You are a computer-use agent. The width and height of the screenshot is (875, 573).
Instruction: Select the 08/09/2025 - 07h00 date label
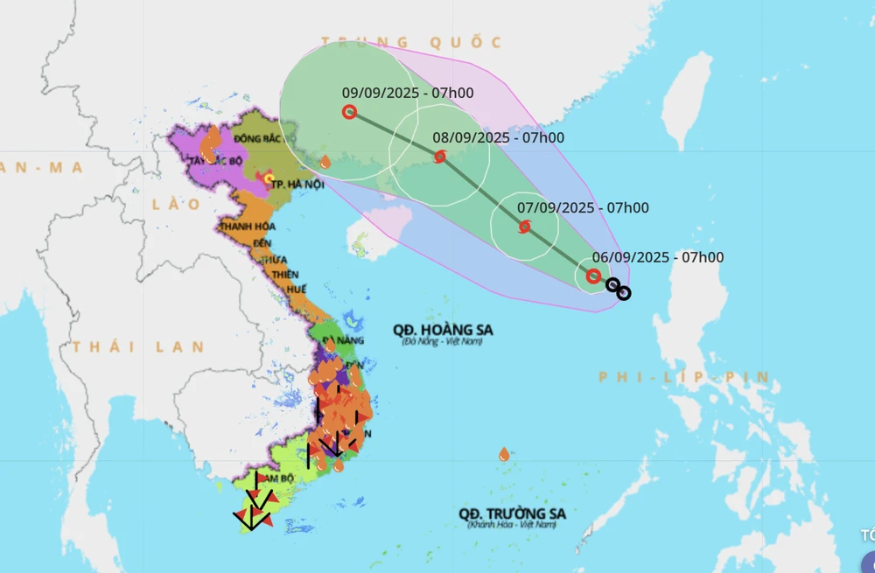pos(499,137)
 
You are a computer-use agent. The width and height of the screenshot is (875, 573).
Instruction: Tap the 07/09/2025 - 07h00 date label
pos(583,208)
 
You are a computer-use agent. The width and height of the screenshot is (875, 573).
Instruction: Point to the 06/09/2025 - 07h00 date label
pos(658,257)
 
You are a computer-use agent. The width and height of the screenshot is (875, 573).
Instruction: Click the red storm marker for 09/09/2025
pos(349,112)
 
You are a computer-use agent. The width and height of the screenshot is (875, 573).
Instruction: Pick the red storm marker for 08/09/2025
pos(440,157)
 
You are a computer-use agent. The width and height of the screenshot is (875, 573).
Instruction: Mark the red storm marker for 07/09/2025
pos(525,227)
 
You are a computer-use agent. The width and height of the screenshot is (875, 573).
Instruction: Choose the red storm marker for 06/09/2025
pos(593,276)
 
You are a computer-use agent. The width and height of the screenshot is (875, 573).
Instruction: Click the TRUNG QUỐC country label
pos(411,42)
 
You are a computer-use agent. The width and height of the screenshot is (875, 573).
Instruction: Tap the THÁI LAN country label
pos(139,347)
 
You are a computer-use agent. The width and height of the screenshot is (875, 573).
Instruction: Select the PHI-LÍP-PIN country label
pos(684,378)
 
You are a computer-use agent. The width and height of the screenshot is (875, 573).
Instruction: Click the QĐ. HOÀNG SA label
pos(443,330)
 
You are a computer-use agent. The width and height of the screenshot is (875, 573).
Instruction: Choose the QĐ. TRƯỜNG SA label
pos(512,514)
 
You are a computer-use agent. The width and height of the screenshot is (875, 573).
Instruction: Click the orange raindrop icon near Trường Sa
pos(504,454)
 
